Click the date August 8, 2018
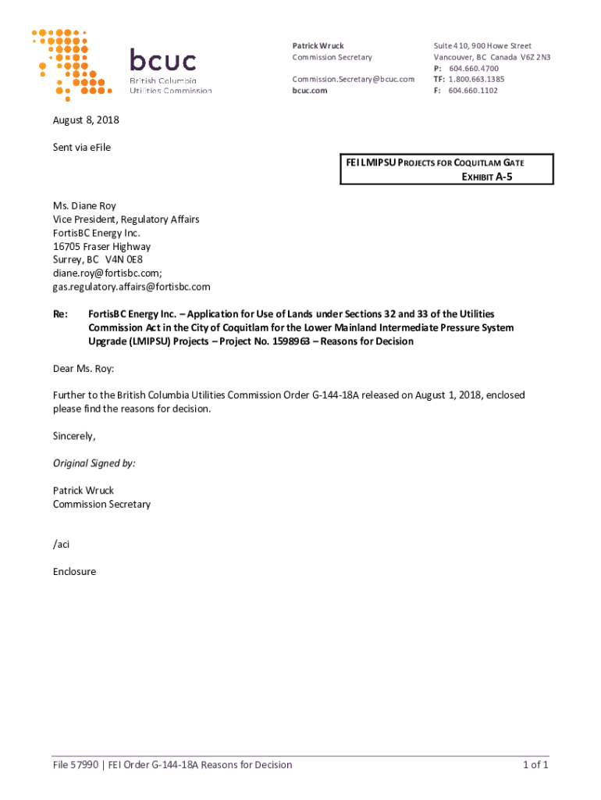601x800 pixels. [x=86, y=120]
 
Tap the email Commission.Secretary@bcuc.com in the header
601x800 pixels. [x=353, y=79]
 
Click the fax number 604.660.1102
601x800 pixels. [x=473, y=91]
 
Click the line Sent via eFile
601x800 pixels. [x=82, y=148]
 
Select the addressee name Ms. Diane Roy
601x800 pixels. [x=84, y=206]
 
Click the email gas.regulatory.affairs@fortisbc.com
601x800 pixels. [x=131, y=287]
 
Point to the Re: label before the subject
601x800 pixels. [x=60, y=314]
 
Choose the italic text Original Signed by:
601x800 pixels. [x=94, y=463]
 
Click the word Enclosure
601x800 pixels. [x=74, y=572]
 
